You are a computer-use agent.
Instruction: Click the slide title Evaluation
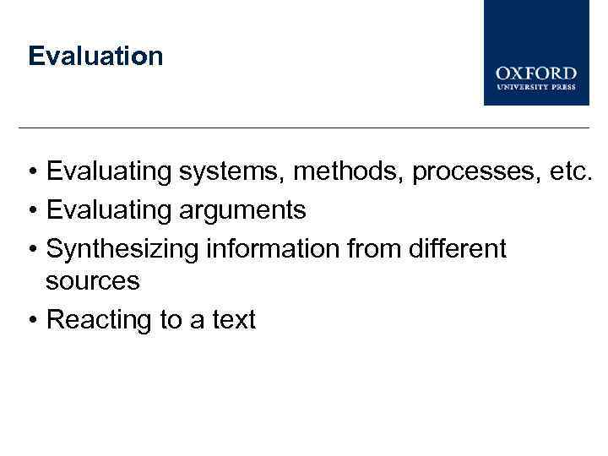pos(95,57)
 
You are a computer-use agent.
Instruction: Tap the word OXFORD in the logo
pos(536,73)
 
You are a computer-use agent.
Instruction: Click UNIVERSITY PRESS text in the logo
pos(536,86)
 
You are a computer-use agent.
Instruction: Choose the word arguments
pos(242,209)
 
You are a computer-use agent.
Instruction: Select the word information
pos(258,248)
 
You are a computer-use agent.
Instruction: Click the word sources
pos(93,281)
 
